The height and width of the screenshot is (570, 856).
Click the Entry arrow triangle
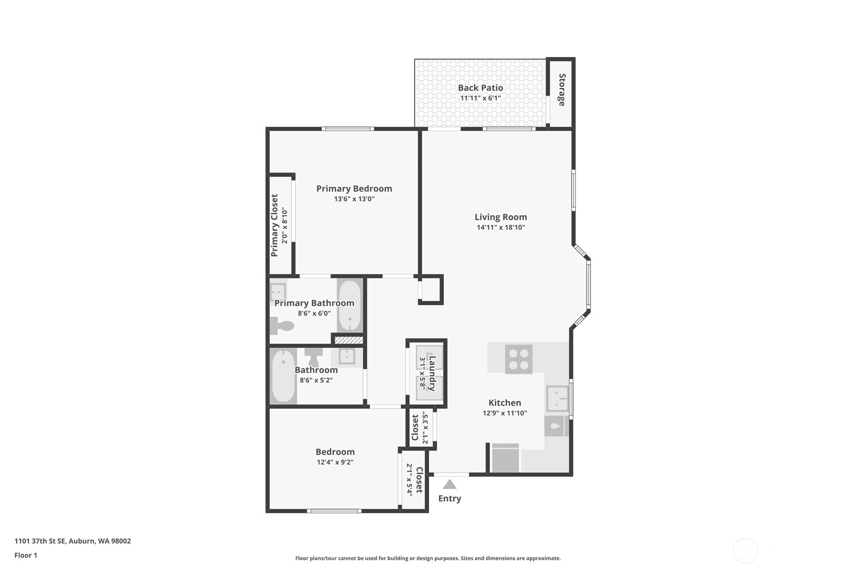click(449, 484)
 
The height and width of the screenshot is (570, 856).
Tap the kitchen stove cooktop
click(519, 359)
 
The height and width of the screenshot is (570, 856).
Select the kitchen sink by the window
click(557, 399)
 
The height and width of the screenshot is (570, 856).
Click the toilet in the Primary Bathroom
click(282, 326)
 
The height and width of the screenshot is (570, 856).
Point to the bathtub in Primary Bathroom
click(350, 306)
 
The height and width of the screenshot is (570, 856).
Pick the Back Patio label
click(480, 88)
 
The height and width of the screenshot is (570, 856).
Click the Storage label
click(562, 90)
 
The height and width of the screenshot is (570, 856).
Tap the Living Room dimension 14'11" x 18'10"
click(500, 227)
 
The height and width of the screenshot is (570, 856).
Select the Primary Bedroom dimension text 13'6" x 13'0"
click(354, 199)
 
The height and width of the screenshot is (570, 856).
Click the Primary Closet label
click(274, 225)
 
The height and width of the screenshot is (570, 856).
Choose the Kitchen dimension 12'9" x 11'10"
click(505, 413)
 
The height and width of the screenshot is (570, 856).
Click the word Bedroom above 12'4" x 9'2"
click(335, 452)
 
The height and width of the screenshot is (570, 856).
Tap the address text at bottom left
click(73, 541)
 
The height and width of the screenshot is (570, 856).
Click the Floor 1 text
click(26, 555)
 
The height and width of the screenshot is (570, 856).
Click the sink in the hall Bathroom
click(347, 356)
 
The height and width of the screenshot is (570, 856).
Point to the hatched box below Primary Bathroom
click(349, 340)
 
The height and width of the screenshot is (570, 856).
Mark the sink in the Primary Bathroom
click(278, 292)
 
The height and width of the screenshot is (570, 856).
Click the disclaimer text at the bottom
click(428, 558)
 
